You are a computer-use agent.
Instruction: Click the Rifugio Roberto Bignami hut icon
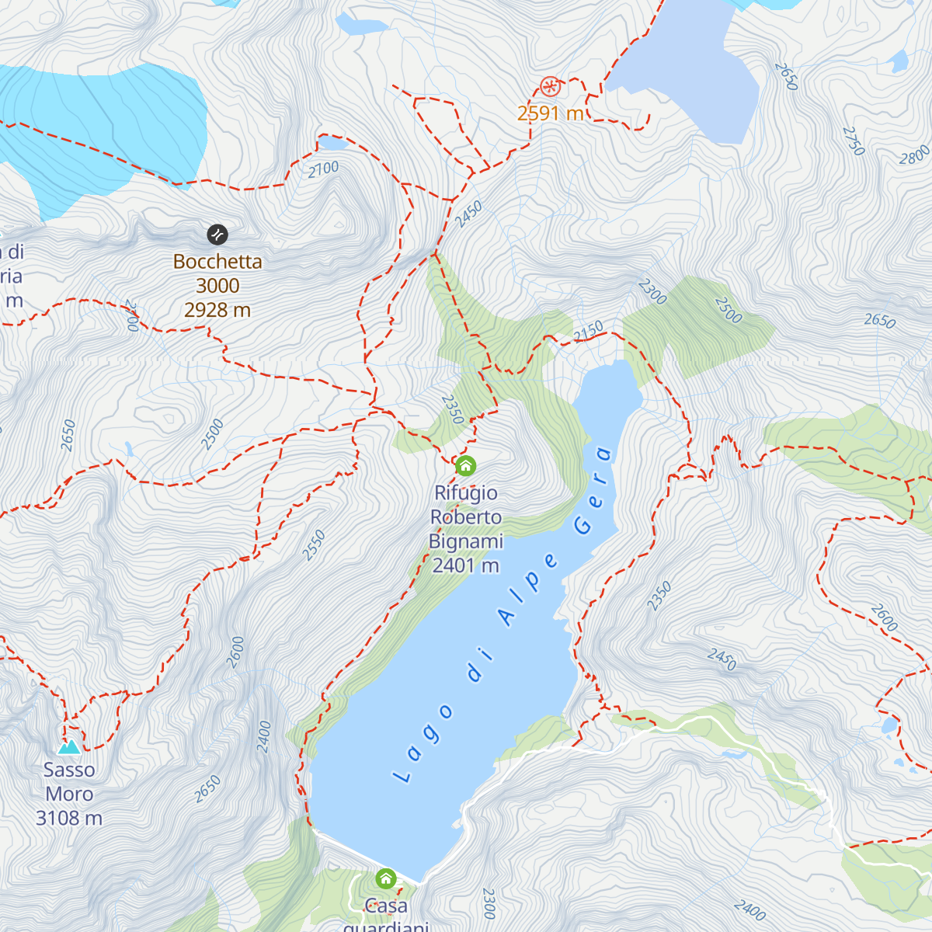point(465,466)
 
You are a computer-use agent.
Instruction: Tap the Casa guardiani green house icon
point(386,879)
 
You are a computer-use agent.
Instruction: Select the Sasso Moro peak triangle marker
point(69,747)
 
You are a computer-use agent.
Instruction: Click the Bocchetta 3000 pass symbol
point(217,234)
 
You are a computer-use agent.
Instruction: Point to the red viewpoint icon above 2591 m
point(550,86)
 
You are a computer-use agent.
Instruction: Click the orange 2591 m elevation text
point(550,113)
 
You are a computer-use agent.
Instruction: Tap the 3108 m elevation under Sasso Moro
point(69,818)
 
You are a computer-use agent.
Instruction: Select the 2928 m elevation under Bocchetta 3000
point(217,310)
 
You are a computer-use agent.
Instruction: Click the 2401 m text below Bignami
point(465,565)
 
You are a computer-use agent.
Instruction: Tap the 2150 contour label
point(588,332)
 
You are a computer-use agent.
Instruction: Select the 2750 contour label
point(853,141)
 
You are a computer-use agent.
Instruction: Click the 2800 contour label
point(914,155)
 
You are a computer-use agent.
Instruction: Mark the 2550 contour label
point(314,545)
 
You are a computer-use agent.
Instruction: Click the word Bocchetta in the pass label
point(217,262)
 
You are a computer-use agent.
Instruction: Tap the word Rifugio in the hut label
point(465,493)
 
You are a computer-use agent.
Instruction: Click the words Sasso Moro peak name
point(69,781)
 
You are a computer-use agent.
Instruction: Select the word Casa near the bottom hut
point(386,906)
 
